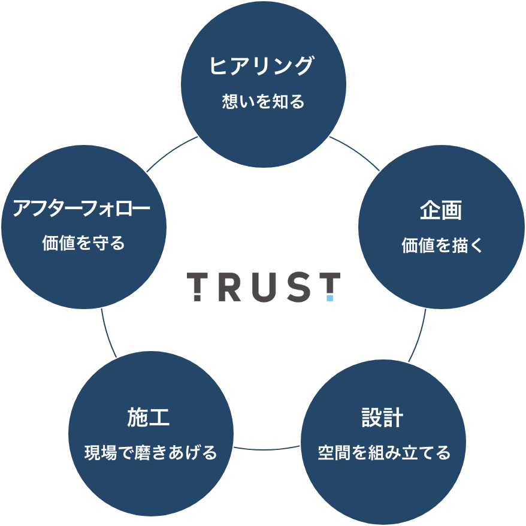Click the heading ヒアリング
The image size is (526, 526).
(262, 66)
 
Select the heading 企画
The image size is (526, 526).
(440, 211)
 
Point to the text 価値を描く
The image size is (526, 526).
(441, 246)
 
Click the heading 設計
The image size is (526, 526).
(382, 418)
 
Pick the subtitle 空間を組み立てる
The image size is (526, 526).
(383, 452)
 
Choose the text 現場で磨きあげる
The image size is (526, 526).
(150, 452)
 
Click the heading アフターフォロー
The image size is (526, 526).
(81, 209)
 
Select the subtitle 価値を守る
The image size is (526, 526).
(83, 244)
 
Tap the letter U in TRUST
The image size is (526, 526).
(261, 287)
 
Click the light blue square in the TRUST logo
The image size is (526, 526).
(329, 297)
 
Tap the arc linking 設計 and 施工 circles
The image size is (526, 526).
(267, 449)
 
